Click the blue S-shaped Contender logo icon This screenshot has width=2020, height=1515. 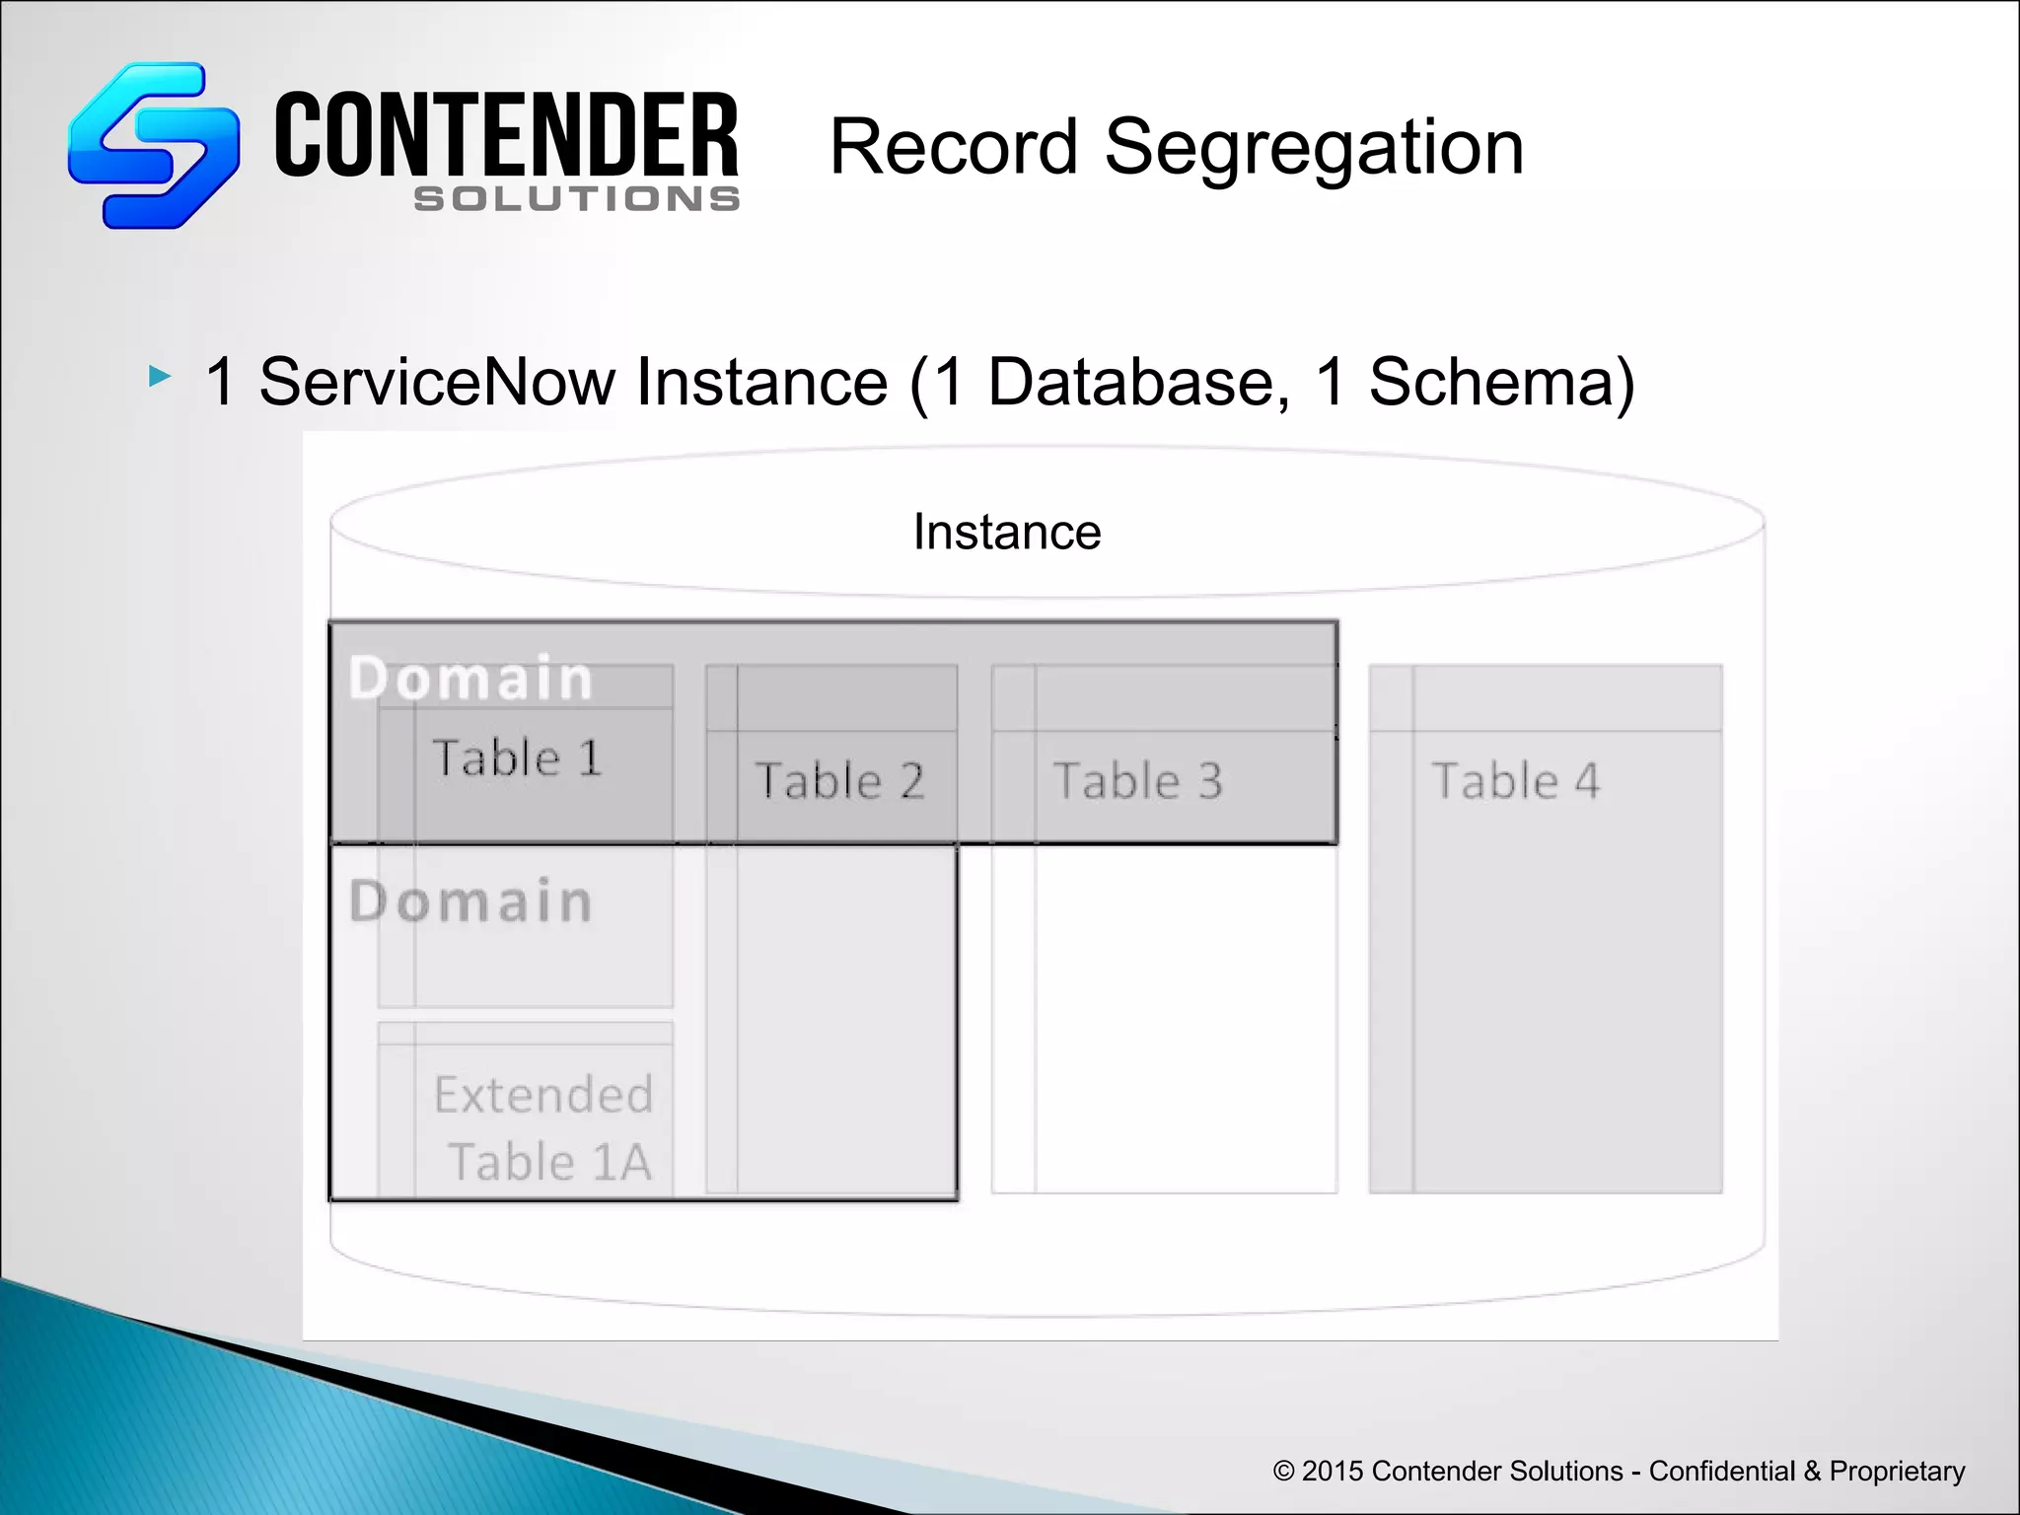153,146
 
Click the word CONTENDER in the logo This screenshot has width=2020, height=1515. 506,136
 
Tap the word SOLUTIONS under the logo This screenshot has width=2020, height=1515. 577,199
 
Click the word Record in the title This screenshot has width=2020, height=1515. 953,148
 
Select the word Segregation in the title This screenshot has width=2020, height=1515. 1314,148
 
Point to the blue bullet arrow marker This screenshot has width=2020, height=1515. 160,376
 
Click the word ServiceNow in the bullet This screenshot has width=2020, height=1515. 573,382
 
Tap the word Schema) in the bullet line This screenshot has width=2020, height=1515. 1501,382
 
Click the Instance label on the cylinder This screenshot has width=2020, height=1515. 1006,533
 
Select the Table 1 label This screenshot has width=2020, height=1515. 517,758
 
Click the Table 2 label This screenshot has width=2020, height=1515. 839,781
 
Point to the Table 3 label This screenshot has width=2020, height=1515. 1137,781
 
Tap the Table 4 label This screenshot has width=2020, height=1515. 1515,781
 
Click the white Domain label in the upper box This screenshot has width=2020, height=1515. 470,679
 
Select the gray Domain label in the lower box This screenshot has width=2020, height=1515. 470,902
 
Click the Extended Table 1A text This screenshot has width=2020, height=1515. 543,1128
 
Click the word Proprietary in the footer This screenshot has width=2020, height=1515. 1897,1471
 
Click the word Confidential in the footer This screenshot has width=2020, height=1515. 1721,1471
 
